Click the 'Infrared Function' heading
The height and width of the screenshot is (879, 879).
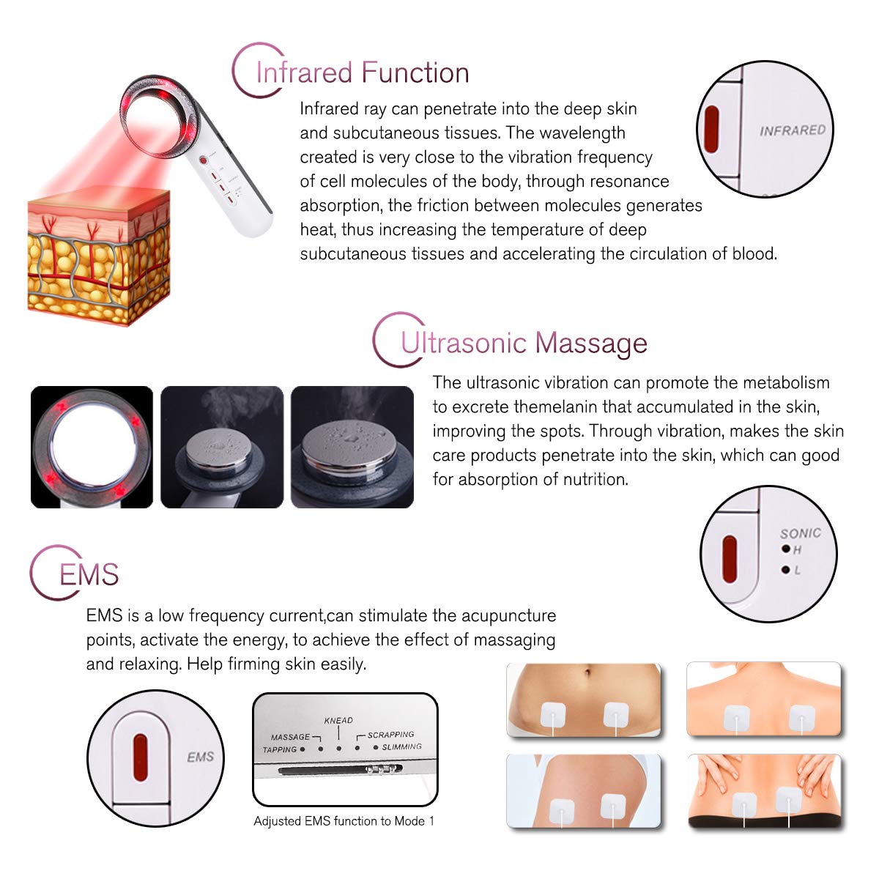tap(362, 73)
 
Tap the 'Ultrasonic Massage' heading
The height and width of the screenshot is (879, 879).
tap(524, 343)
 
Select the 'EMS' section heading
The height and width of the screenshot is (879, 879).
tap(89, 575)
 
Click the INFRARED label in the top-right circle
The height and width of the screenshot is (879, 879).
tap(792, 130)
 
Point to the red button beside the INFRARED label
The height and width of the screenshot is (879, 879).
tap(711, 130)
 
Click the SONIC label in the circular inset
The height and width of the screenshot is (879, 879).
tap(800, 533)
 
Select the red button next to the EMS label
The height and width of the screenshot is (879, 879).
tap(140, 757)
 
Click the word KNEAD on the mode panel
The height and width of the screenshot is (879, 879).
tap(338, 721)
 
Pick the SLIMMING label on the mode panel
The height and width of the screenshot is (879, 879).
tap(401, 747)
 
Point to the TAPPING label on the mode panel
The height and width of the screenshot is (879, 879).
tap(279, 749)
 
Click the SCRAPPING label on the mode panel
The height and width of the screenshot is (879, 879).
tap(390, 735)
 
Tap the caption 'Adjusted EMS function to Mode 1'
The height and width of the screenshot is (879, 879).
tap(344, 821)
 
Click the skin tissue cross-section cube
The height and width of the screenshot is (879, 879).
tap(98, 256)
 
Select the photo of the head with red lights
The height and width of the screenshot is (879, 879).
tap(92, 447)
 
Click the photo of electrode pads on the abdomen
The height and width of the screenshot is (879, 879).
tap(584, 700)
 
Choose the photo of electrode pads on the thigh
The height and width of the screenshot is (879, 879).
tap(584, 792)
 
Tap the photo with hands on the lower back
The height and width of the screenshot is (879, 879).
tap(765, 792)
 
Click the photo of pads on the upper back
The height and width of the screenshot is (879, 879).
tap(764, 700)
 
